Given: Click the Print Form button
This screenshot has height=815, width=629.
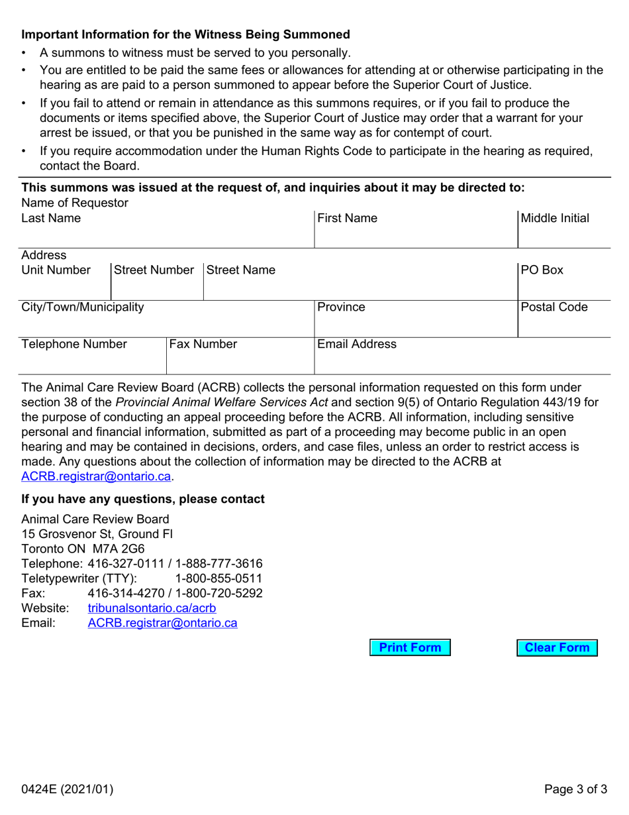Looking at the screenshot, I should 410,648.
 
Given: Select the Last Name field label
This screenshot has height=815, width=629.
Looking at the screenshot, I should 51,219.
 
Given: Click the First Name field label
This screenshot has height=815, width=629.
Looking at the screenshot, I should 348,219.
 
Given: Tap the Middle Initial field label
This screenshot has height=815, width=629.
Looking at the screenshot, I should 555,219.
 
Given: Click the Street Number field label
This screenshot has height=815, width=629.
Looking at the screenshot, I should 154,270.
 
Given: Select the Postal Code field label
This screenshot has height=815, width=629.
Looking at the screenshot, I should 554,307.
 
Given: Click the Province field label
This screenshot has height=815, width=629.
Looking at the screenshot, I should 341,307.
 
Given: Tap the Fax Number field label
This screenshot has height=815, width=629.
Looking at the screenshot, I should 203,345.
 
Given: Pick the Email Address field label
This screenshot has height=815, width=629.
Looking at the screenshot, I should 357,345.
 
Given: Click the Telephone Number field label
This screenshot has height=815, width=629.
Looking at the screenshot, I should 74,345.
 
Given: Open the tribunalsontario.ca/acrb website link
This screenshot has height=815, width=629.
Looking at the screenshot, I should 152,608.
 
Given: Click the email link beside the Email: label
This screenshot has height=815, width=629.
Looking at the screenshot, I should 162,623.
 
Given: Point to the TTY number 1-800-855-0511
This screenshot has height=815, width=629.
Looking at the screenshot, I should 218,578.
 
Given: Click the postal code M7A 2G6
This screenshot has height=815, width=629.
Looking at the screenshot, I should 123,549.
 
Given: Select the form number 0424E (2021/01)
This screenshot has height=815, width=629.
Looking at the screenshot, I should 68,789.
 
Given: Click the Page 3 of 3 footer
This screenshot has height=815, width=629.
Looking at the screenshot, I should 575,789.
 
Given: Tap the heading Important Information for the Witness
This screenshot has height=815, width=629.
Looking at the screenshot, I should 185,34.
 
